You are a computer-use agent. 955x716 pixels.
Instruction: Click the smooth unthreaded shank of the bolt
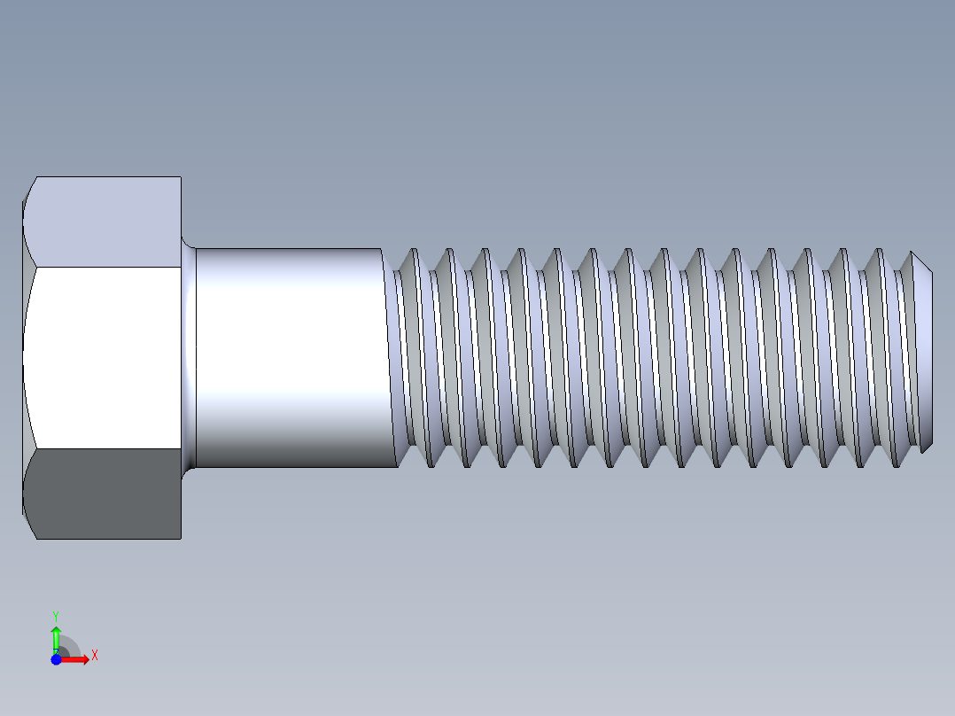(288, 354)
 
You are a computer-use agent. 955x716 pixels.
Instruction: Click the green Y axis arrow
(56, 635)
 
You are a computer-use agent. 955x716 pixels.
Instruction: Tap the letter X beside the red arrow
(94, 656)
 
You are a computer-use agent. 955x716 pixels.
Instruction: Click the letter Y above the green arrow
(56, 615)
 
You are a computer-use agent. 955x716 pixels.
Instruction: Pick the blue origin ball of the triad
(56, 658)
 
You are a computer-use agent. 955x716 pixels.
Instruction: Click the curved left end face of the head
(24, 354)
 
